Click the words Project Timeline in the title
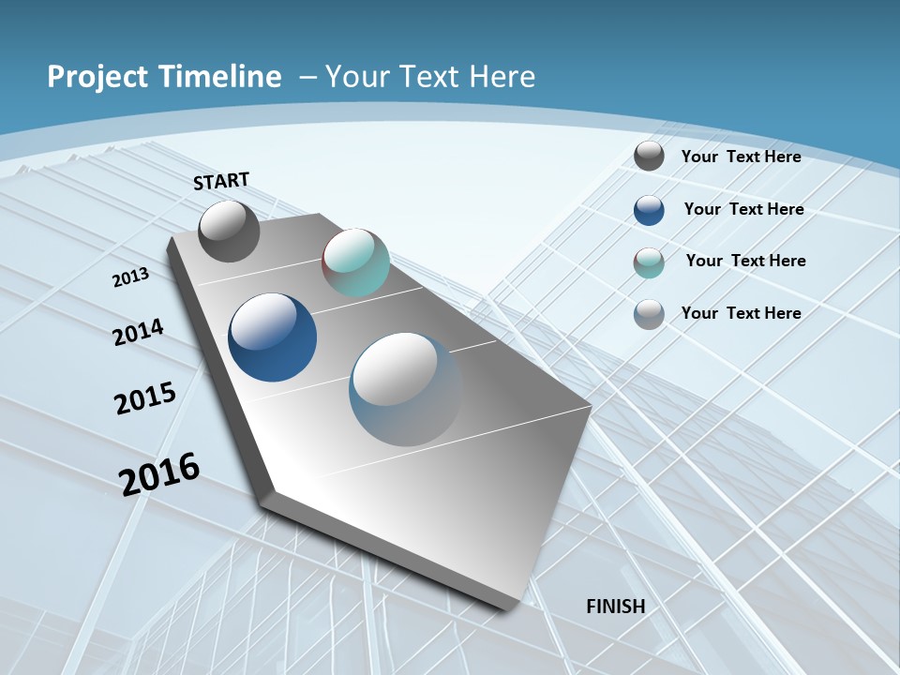[x=164, y=77]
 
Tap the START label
[x=221, y=181]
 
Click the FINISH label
[x=616, y=607]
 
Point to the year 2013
[x=130, y=277]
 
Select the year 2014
[x=139, y=332]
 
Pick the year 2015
[x=145, y=397]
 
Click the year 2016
[x=159, y=473]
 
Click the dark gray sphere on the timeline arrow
[x=230, y=231]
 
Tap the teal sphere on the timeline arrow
[x=355, y=262]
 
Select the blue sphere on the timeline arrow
[x=273, y=337]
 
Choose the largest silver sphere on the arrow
[x=406, y=389]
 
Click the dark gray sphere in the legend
[x=649, y=157]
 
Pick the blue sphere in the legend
[x=649, y=210]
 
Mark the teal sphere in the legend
[x=649, y=262]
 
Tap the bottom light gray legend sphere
[x=649, y=314]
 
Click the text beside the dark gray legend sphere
[x=741, y=157]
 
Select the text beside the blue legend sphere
[x=743, y=209]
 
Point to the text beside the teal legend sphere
[x=745, y=261]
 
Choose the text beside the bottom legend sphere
[x=741, y=313]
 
